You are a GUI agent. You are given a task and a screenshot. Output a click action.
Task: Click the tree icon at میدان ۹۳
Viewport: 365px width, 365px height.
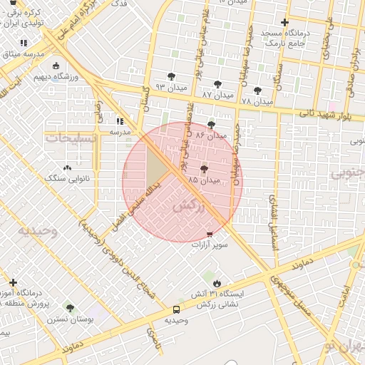point(172,76)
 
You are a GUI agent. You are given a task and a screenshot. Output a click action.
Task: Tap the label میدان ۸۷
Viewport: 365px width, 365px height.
point(217,95)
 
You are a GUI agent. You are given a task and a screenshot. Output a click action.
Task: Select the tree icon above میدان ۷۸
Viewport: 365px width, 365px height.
point(257,91)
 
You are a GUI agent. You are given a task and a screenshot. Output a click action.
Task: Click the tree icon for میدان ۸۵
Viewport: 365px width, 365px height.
point(205,169)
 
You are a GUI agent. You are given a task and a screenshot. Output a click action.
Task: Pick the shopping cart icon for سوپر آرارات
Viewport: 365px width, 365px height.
point(209,233)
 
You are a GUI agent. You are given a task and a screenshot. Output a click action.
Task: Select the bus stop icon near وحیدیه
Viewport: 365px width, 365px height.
point(176,309)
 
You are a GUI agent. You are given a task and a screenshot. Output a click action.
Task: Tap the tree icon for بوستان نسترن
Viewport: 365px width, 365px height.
point(70,309)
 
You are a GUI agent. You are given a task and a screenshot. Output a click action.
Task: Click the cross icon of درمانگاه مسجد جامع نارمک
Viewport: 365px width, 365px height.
point(285,22)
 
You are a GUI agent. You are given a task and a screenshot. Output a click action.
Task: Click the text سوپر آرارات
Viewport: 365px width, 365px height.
point(210,245)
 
